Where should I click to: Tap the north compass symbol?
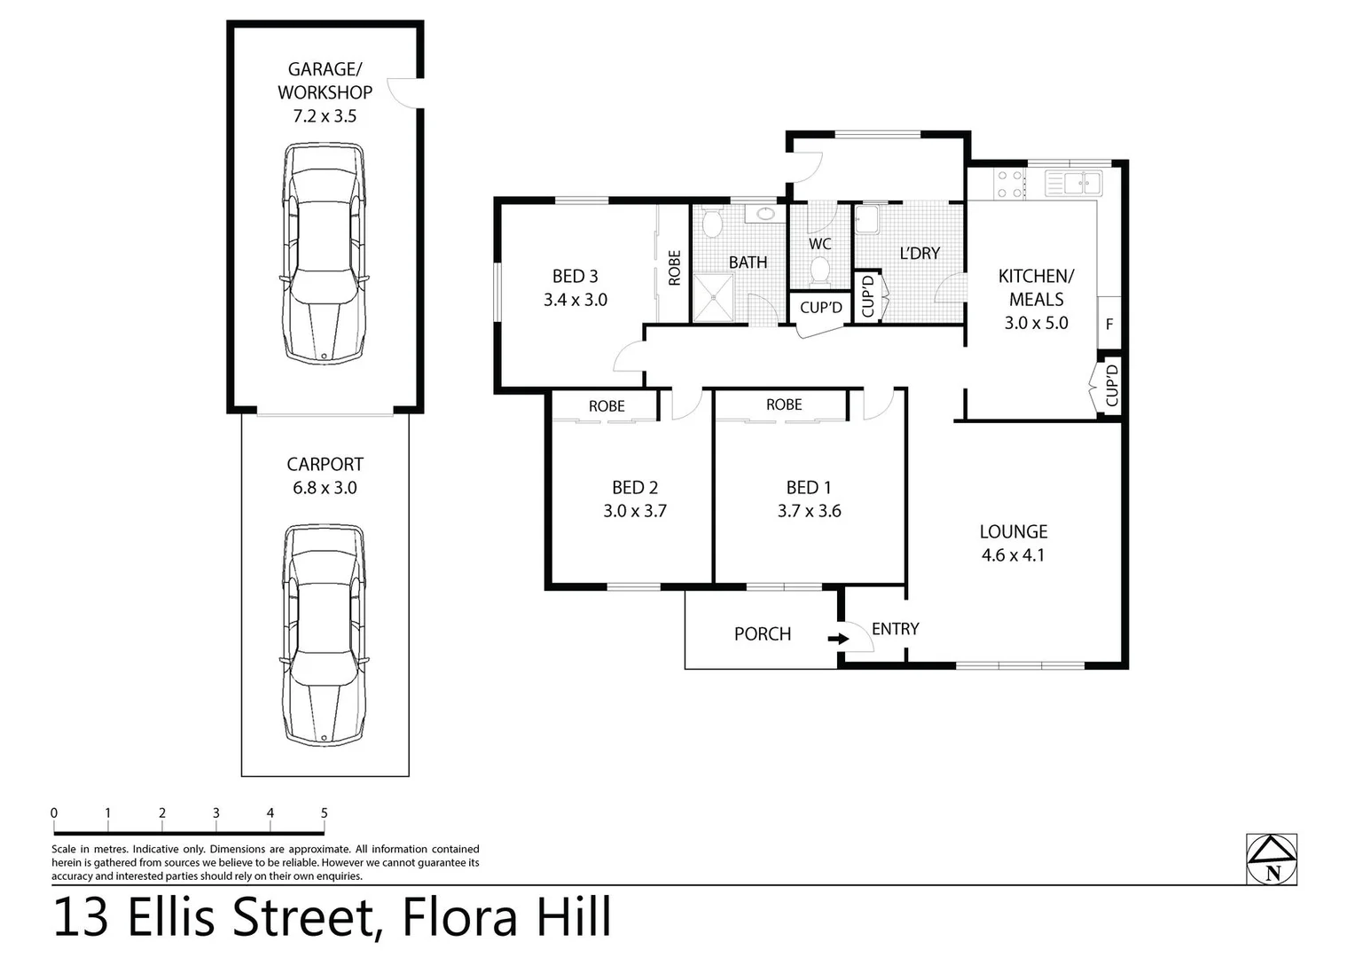click(1272, 860)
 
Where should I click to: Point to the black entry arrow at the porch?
click(836, 638)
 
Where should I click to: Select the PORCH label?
click(762, 634)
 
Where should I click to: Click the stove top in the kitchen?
click(1009, 184)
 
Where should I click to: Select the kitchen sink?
click(1074, 184)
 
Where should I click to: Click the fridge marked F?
click(1109, 324)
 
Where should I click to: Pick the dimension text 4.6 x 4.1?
click(1013, 555)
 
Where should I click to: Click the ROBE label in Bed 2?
click(607, 406)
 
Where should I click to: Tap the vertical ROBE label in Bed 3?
click(674, 268)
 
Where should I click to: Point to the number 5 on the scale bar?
click(325, 813)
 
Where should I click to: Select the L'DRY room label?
click(919, 254)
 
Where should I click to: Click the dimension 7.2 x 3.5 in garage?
click(325, 116)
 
